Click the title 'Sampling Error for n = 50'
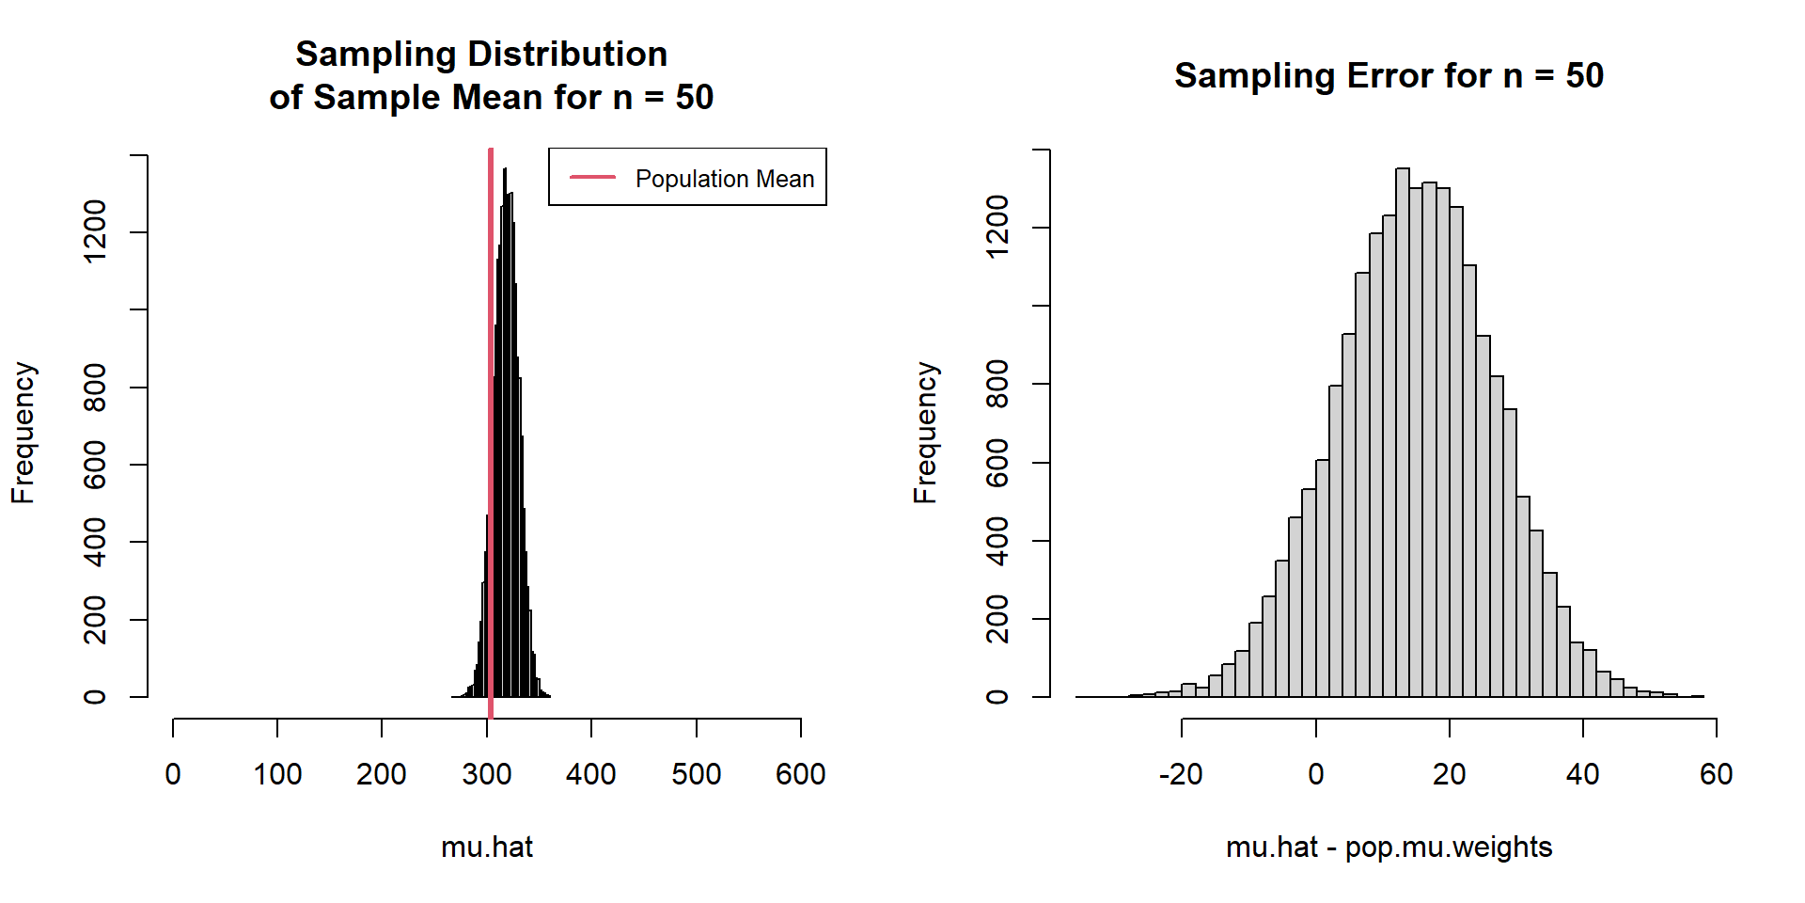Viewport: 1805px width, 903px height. click(1389, 75)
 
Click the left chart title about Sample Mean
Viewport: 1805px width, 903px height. click(491, 76)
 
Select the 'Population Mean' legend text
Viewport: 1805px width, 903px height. click(724, 179)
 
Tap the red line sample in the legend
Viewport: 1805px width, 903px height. click(592, 177)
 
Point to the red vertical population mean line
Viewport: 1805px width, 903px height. click(491, 423)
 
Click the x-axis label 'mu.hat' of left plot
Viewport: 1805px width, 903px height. click(487, 847)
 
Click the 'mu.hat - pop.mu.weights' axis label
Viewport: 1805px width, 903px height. click(1389, 847)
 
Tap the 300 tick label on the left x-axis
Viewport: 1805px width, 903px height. click(487, 774)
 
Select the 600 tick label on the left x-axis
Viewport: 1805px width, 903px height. click(800, 774)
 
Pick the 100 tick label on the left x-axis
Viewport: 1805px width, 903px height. click(277, 774)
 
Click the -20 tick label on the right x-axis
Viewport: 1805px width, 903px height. click(1181, 774)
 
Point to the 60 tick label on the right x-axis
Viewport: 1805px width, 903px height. click(1716, 774)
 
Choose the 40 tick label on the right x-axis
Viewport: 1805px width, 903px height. click(1582, 774)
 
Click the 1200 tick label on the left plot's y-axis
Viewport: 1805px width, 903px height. click(95, 231)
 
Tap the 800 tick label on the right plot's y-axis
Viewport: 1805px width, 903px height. click(997, 384)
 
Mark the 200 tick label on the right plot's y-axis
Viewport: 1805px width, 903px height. click(997, 619)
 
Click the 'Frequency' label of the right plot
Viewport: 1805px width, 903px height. click(926, 433)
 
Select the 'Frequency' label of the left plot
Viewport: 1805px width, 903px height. click(24, 433)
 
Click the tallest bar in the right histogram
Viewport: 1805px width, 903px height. click(1403, 433)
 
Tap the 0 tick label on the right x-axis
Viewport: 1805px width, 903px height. click(1315, 774)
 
